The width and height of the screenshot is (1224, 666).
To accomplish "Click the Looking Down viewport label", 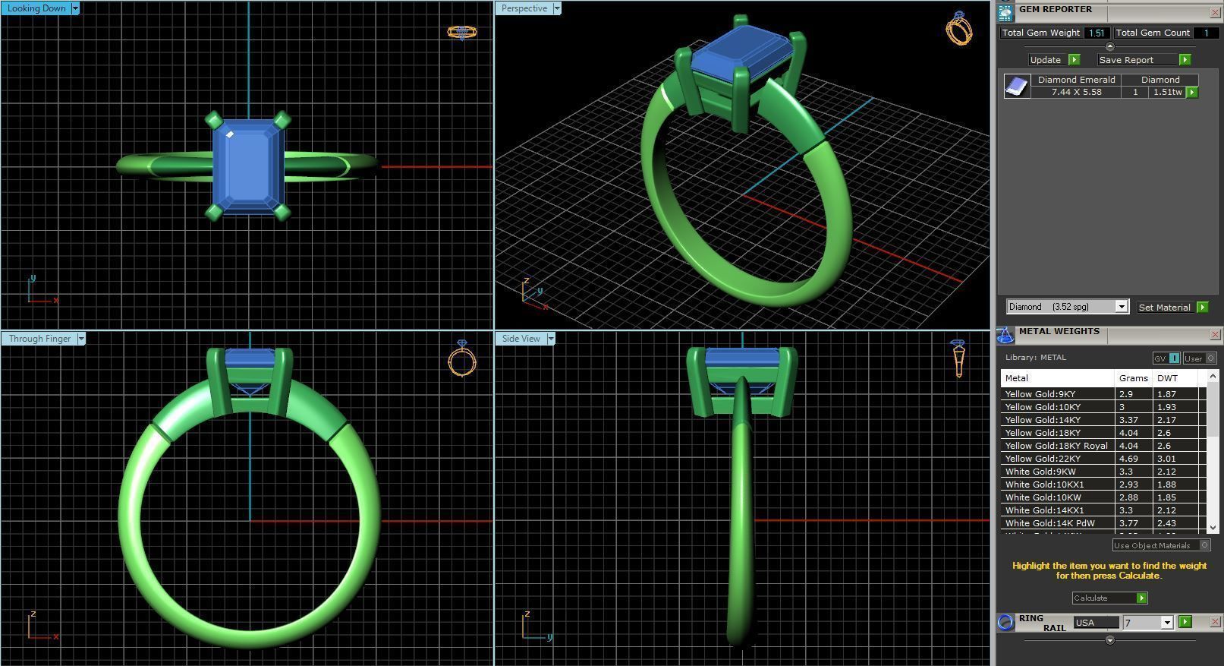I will [x=36, y=8].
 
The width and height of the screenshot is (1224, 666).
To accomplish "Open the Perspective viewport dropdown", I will [x=557, y=8].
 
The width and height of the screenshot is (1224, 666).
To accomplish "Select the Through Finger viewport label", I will [x=39, y=339].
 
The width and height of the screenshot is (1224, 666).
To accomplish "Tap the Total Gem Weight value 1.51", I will [x=1096, y=33].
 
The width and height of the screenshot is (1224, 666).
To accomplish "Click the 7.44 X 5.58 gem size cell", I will [x=1076, y=92].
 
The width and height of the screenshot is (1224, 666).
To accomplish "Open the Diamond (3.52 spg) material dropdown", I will [x=1121, y=307].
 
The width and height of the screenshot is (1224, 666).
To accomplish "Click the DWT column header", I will [x=1167, y=378].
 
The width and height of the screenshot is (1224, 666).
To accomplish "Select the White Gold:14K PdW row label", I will [x=1049, y=523].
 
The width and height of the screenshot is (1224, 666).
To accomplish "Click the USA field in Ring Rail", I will [x=1095, y=623].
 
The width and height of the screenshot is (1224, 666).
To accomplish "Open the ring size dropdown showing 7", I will [x=1167, y=623].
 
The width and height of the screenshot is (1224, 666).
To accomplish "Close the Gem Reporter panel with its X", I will [x=1214, y=13].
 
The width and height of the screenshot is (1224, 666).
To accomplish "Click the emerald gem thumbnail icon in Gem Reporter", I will [x=1017, y=87].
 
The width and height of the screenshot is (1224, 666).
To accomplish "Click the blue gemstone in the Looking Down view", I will [x=248, y=166].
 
